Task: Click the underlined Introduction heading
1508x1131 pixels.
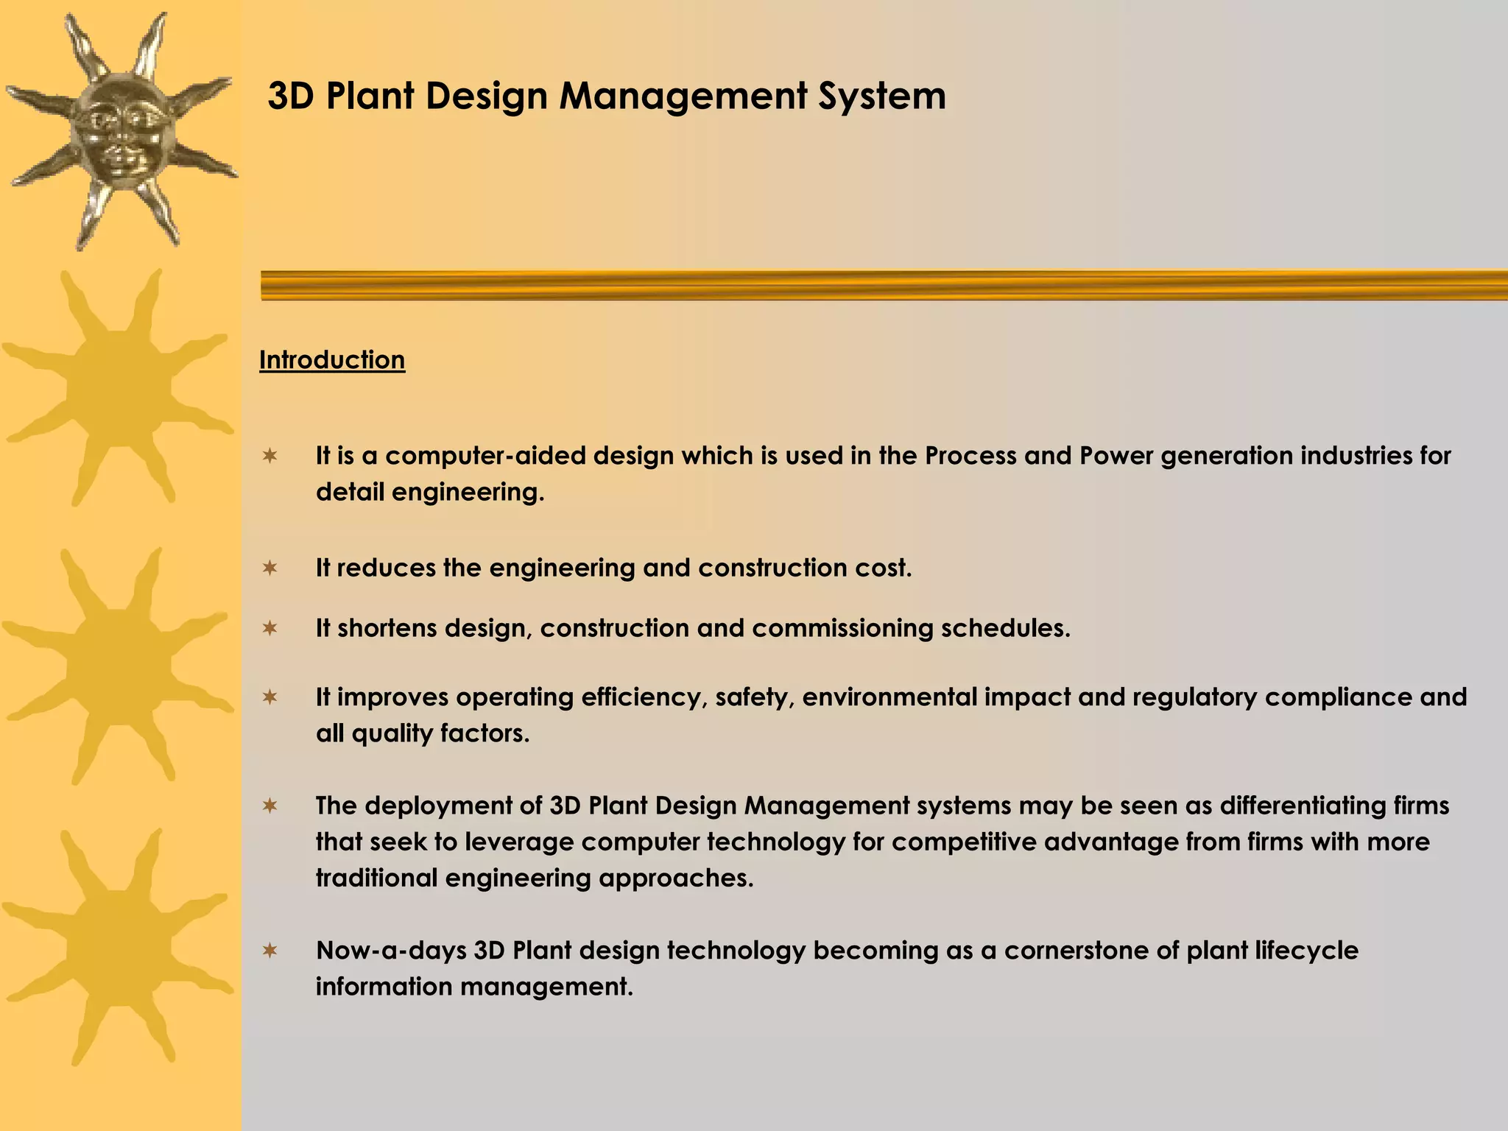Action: (332, 360)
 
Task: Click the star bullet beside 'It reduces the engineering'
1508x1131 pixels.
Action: (270, 568)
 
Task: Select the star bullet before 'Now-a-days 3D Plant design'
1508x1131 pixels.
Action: (270, 951)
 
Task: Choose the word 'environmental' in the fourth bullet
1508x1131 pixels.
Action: (889, 697)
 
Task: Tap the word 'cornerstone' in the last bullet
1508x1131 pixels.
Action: (1076, 951)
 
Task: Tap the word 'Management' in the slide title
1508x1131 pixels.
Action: (683, 96)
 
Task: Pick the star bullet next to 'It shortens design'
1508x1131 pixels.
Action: (270, 628)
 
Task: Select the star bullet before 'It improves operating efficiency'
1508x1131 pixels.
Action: (270, 697)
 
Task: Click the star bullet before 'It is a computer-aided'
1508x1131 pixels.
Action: (270, 457)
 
